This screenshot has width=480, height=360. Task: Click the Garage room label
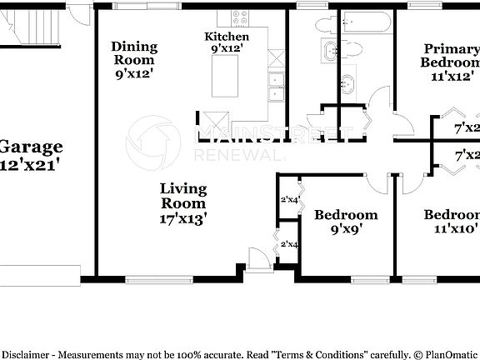coord(32,147)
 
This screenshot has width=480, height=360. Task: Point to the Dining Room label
coord(133,52)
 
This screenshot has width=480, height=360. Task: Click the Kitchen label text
coord(227,37)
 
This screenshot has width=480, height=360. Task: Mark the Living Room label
coord(183,195)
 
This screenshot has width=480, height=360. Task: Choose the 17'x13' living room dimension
coord(183,218)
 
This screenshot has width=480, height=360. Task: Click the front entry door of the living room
coord(259,257)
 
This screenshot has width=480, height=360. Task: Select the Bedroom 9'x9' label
coord(345,215)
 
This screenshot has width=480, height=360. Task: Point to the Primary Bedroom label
coord(451,55)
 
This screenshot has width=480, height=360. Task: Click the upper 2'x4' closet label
coord(289,199)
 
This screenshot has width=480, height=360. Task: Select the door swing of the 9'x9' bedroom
coord(377,186)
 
